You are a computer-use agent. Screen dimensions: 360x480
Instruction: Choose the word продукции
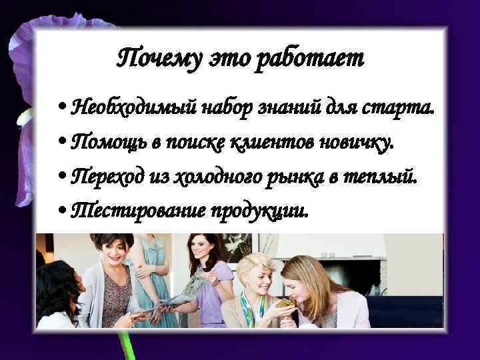click(260, 211)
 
